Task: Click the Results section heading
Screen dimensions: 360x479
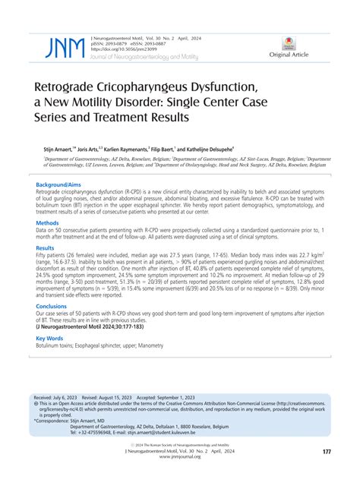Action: tap(46, 248)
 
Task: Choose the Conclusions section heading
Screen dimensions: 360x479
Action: tap(52, 307)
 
